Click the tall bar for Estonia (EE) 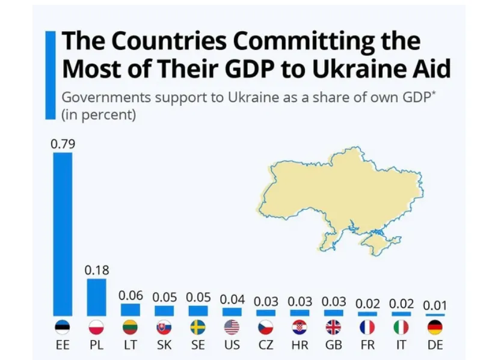[x=63, y=234]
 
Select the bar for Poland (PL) [x=96, y=297]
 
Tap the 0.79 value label [x=63, y=145]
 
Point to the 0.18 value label [x=96, y=270]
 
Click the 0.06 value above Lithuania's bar [x=131, y=296]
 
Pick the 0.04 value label [x=232, y=299]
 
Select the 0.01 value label [x=435, y=305]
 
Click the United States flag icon [x=232, y=328]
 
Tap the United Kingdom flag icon [x=333, y=328]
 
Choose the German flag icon [x=435, y=328]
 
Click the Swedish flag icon [x=198, y=328]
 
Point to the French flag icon [x=367, y=328]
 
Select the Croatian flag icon [x=300, y=328]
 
